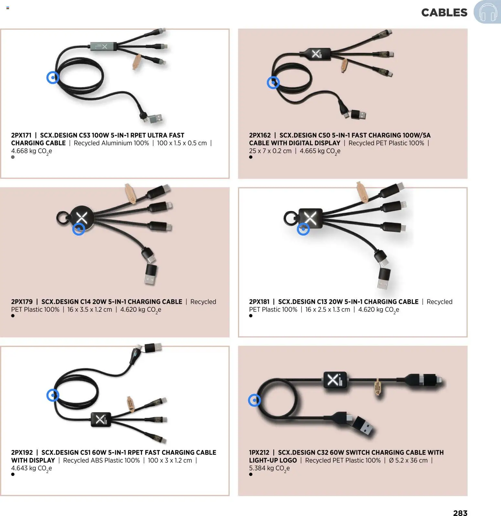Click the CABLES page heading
click(x=444, y=13)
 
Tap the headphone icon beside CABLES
click(x=487, y=12)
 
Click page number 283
click(x=460, y=512)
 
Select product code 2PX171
click(x=21, y=135)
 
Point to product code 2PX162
click(x=260, y=135)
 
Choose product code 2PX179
click(x=22, y=302)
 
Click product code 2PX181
click(x=259, y=302)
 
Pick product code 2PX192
click(x=22, y=452)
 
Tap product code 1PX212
click(x=259, y=452)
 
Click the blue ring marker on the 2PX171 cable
click(x=53, y=77)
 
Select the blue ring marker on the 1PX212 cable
click(x=254, y=400)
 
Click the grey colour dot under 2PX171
click(x=13, y=157)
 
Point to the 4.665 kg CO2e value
click(x=320, y=151)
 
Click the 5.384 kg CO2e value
click(x=269, y=468)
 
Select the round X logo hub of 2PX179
click(x=82, y=218)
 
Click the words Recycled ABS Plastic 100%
click(x=101, y=460)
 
